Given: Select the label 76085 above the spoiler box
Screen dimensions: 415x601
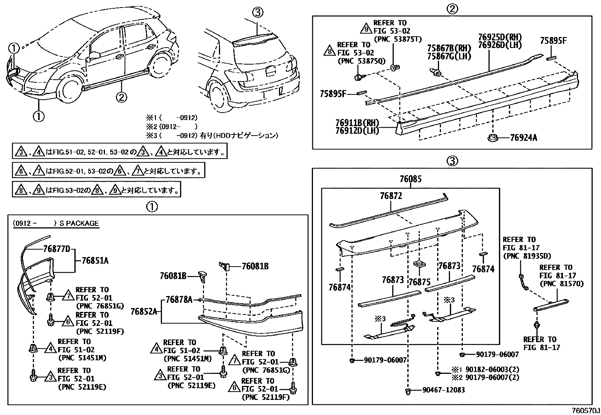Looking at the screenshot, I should [x=410, y=179].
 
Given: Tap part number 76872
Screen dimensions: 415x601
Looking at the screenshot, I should [x=391, y=196].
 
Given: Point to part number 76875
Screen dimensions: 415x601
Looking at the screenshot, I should [x=419, y=281].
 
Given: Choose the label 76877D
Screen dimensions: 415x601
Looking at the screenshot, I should [x=57, y=249].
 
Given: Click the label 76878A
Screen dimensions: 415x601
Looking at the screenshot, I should [x=179, y=299].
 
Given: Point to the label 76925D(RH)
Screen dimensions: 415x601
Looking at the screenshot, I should [x=499, y=37].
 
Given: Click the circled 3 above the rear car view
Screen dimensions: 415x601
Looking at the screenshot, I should [x=257, y=13].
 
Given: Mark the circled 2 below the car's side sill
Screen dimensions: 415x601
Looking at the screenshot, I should [x=121, y=97].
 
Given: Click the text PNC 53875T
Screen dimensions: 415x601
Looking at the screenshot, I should [x=397, y=39].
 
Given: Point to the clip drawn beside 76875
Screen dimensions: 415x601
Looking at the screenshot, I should [x=418, y=264].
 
